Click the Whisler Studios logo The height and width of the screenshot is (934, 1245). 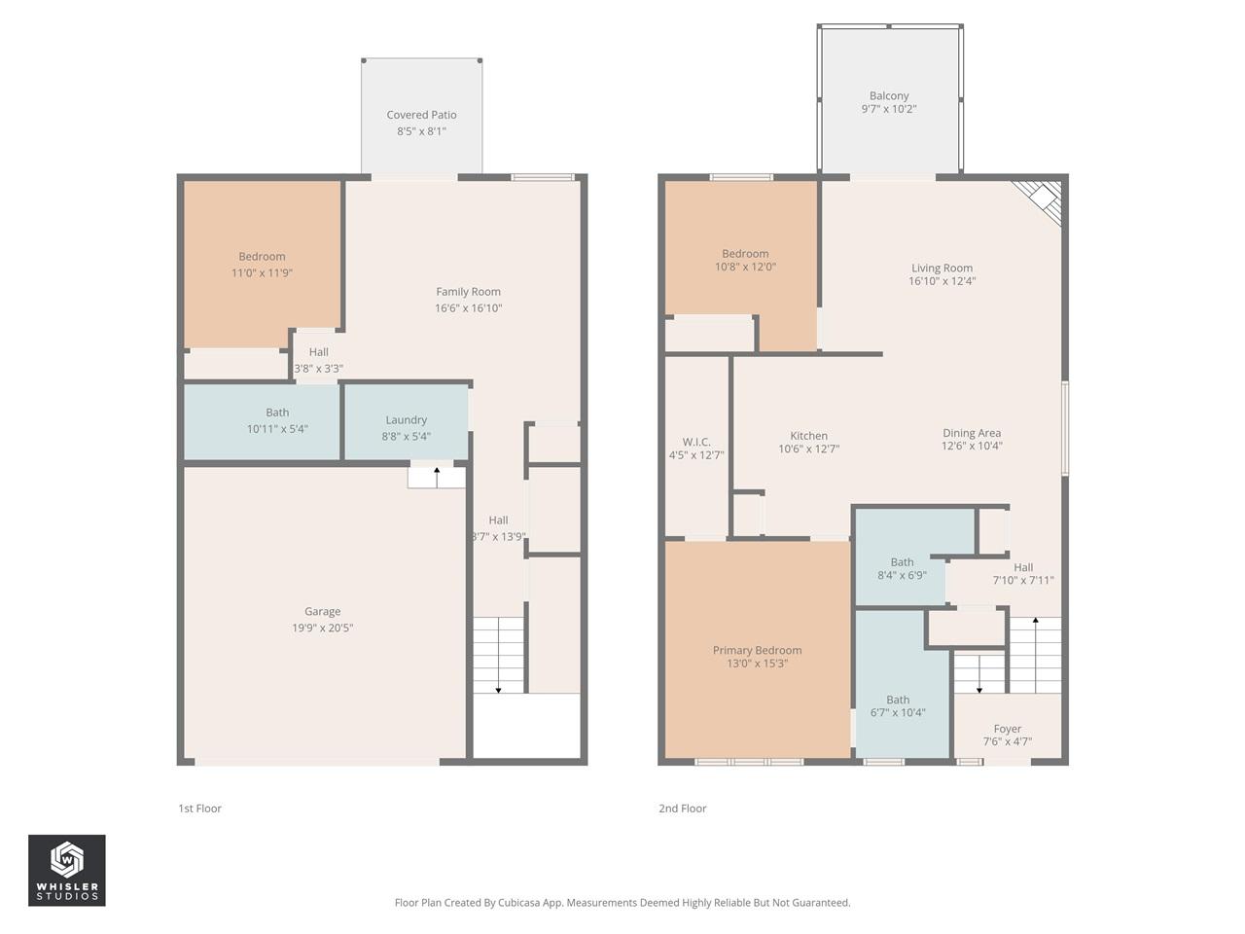(66, 870)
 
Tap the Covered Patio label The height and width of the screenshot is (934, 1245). (421, 115)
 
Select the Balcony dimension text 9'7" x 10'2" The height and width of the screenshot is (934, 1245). (889, 109)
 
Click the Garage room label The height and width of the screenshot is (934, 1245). (322, 612)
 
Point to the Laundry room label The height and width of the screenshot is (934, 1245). (406, 420)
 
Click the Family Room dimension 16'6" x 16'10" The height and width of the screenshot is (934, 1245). (468, 308)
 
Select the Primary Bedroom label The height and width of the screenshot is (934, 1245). (757, 651)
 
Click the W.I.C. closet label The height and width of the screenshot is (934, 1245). (696, 442)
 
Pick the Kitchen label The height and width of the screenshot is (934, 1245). (808, 436)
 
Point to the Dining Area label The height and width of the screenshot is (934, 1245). (971, 433)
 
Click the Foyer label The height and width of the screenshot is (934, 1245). (1008, 729)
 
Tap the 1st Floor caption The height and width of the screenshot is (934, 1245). (199, 808)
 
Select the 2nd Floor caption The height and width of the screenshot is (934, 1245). (682, 808)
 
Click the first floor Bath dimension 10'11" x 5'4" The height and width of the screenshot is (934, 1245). (277, 429)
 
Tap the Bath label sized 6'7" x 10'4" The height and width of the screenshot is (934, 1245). (898, 700)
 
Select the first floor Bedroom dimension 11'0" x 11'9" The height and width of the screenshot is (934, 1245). (262, 273)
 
